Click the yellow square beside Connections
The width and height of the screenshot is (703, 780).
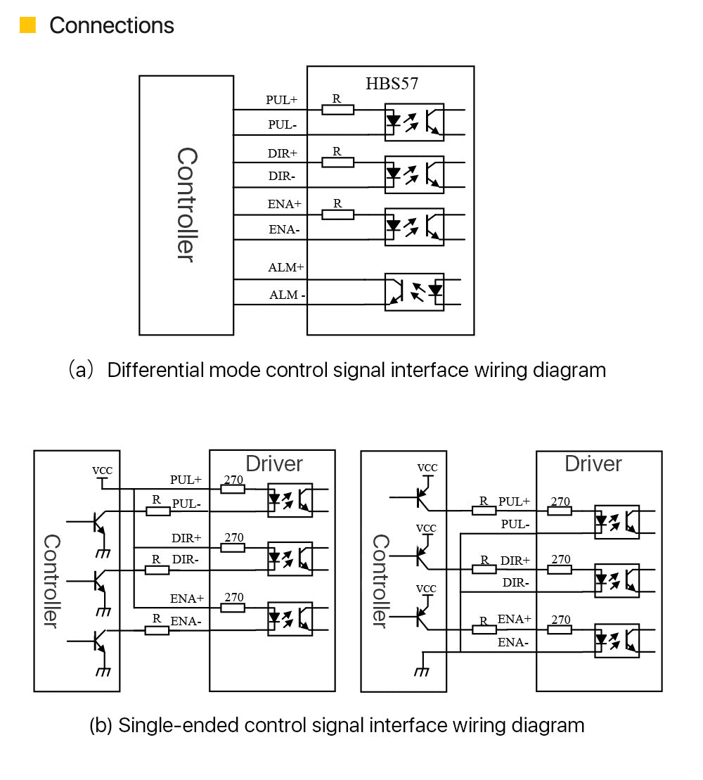27,25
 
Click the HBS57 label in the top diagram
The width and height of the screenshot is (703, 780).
392,84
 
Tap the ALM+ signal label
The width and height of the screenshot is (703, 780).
285,268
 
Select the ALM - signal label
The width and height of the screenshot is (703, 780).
287,295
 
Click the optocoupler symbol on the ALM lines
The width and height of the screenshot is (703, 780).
414,292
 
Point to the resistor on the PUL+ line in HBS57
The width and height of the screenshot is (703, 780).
337,110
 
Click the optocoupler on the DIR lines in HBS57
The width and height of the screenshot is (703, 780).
414,174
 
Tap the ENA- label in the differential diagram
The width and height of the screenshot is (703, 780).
284,230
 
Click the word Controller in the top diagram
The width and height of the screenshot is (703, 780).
186,204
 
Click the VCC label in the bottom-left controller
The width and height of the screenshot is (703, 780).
102,471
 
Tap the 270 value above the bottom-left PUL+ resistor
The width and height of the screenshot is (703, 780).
233,480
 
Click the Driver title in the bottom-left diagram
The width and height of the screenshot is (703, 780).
274,464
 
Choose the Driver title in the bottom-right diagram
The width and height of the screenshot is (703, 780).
593,464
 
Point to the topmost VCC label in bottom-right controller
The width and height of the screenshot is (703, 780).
427,468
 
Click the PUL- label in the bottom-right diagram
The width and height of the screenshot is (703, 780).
515,525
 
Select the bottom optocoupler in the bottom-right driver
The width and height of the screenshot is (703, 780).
617,641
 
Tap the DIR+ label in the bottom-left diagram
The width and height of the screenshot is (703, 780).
186,538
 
